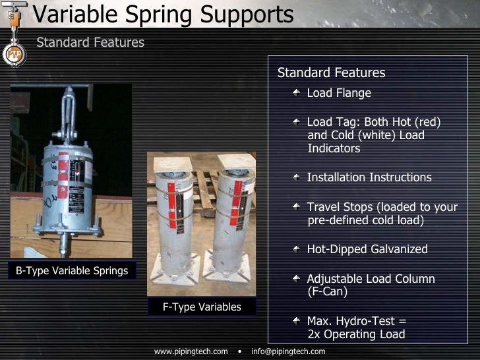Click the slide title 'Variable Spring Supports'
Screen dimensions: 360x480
pyautogui.click(x=162, y=15)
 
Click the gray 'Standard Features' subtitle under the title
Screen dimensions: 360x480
pyautogui.click(x=90, y=43)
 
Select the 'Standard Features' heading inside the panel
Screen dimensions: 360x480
pyautogui.click(x=331, y=73)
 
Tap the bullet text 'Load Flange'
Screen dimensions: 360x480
pyautogui.click(x=339, y=93)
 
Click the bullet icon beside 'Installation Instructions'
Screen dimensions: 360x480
pyautogui.click(x=298, y=177)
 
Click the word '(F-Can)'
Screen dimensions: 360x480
pyautogui.click(x=327, y=291)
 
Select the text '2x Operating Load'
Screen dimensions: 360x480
pyautogui.click(x=356, y=334)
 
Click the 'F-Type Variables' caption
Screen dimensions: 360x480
pyautogui.click(x=202, y=307)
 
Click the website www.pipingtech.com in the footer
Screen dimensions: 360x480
pyautogui.click(x=191, y=351)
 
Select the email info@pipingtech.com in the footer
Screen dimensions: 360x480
pyautogui.click(x=288, y=351)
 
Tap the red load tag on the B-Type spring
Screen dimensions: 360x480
pyautogui.click(x=63, y=166)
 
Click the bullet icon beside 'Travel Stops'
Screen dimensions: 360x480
pyautogui.click(x=298, y=206)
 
